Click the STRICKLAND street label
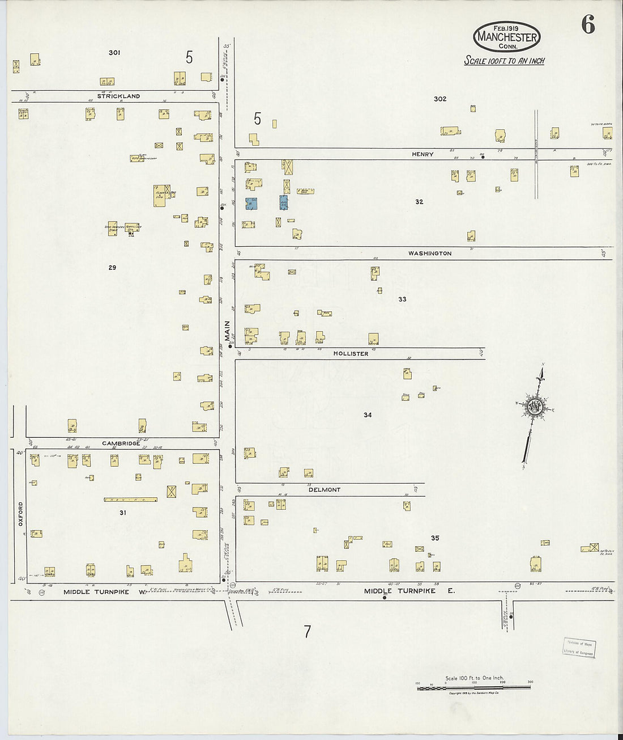(x=118, y=96)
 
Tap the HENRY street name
(x=423, y=154)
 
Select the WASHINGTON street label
(x=430, y=253)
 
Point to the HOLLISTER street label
(x=351, y=354)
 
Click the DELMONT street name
(x=325, y=490)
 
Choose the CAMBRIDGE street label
(x=121, y=443)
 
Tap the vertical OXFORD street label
(x=21, y=513)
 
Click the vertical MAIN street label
(x=227, y=331)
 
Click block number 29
(x=112, y=267)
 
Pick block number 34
(x=368, y=415)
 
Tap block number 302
(x=440, y=99)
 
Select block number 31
(x=123, y=513)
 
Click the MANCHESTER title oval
(x=507, y=37)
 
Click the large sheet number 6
(x=587, y=24)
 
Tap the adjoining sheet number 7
(x=307, y=632)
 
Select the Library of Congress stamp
(x=579, y=647)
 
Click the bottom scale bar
(x=474, y=687)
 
